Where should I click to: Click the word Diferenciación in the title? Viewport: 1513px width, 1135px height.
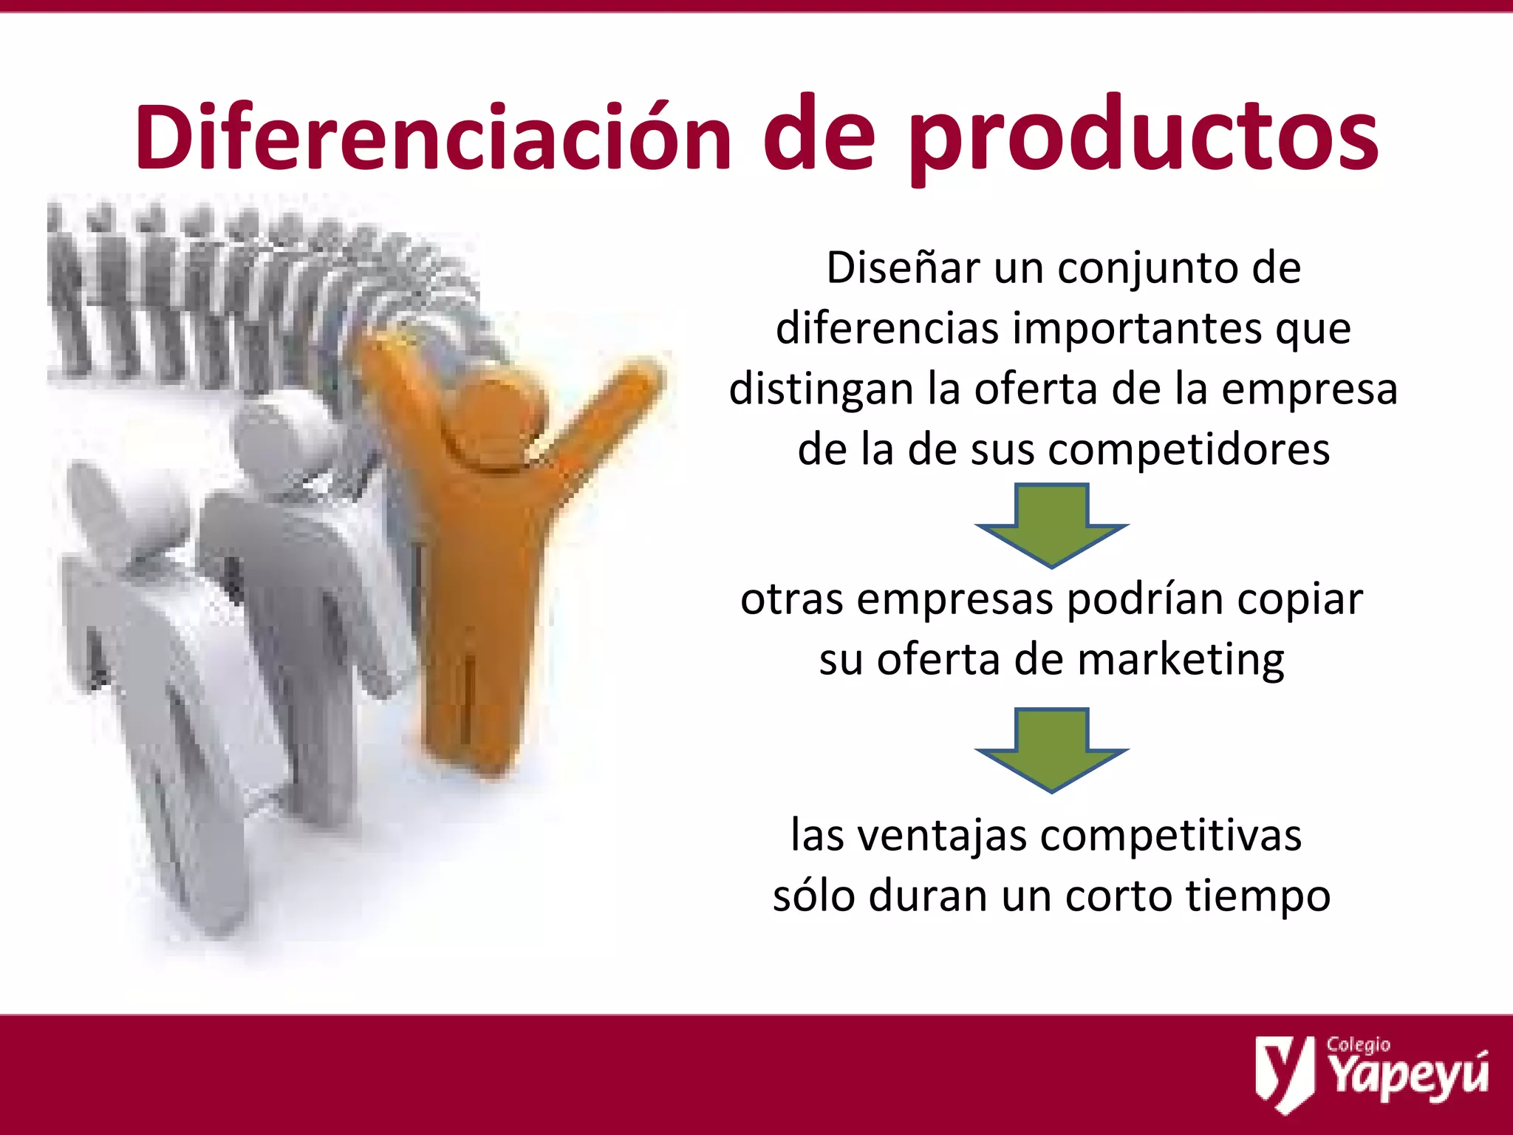[433, 138]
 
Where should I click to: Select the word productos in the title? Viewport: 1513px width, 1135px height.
[1143, 138]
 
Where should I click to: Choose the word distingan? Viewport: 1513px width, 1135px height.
[821, 389]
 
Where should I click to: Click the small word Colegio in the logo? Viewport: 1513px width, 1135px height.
[1358, 1044]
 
